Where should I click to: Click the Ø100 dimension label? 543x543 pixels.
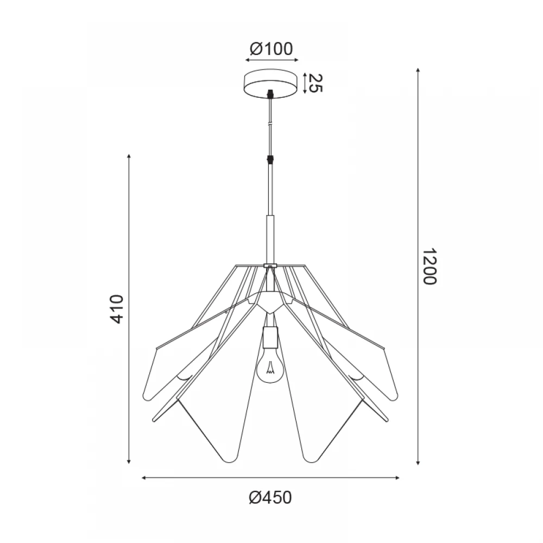point(271,49)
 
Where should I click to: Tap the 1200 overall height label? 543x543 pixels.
point(430,266)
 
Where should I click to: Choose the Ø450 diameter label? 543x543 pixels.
point(270,497)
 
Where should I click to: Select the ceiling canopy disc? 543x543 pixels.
point(271,84)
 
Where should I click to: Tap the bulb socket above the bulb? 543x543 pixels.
point(270,337)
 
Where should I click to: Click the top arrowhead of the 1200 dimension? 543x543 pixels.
point(418,70)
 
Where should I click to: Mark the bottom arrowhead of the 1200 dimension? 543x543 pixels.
point(418,462)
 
